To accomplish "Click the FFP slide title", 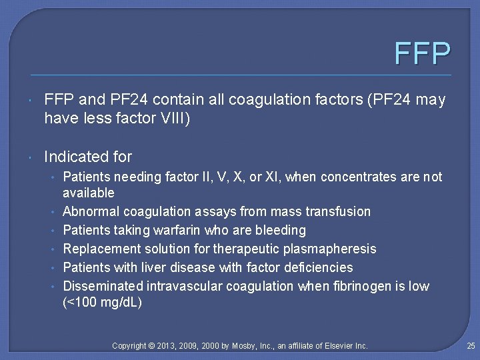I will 422,53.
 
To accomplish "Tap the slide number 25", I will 471,345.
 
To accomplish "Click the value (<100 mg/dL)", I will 102,302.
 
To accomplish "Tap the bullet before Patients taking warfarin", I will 53,231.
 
